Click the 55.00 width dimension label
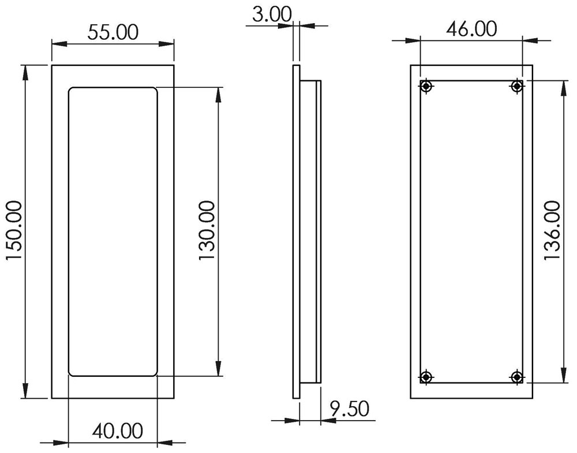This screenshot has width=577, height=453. (113, 32)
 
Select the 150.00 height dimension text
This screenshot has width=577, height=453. (14, 231)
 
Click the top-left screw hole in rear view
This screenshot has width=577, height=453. (426, 87)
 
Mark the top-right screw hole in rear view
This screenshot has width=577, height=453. (517, 87)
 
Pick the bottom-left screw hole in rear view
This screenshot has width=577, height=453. (426, 377)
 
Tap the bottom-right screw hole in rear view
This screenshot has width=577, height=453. (517, 377)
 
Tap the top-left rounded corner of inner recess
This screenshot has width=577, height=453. (72, 91)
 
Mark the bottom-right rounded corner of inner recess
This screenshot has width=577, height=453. (153, 373)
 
